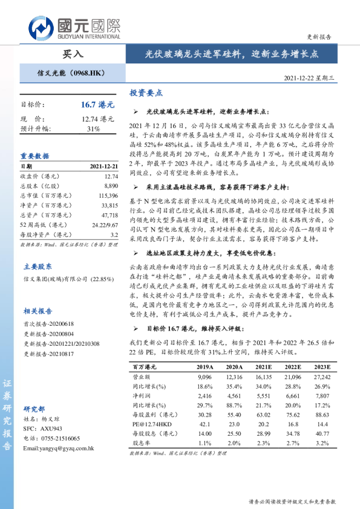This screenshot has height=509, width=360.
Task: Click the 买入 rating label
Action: point(72,54)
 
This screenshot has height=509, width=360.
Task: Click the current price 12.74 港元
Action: point(97,118)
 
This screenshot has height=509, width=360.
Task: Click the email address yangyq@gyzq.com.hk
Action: point(58,448)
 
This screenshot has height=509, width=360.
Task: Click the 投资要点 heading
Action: point(146,94)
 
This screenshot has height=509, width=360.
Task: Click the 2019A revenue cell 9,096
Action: point(205,376)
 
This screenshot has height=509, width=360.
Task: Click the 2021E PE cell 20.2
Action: point(264,424)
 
